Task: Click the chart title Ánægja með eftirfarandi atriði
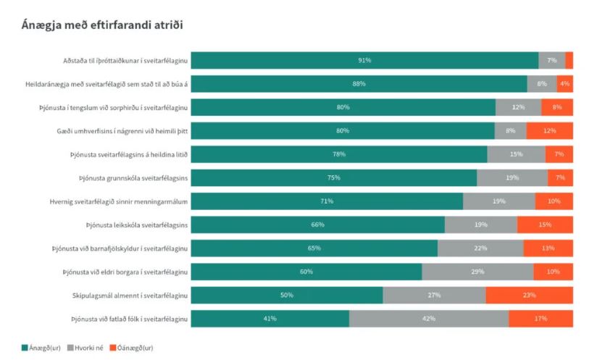click(x=102, y=25)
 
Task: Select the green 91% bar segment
click(x=364, y=60)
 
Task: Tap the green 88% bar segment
click(x=359, y=84)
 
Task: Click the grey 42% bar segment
click(x=429, y=319)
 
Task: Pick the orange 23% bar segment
click(x=529, y=296)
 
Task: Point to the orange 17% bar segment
click(x=541, y=319)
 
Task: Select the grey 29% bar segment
click(x=477, y=272)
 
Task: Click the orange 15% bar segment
click(x=545, y=225)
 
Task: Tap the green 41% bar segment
click(x=270, y=319)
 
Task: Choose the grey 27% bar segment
click(x=434, y=296)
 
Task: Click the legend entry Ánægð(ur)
click(x=42, y=348)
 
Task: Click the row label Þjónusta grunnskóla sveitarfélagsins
click(x=133, y=177)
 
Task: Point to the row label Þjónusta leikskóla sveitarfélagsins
click(x=137, y=225)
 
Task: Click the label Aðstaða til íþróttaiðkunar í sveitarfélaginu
click(x=125, y=60)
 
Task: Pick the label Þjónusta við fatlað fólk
click(x=130, y=319)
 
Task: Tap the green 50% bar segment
click(x=287, y=296)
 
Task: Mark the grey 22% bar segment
click(x=480, y=248)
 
